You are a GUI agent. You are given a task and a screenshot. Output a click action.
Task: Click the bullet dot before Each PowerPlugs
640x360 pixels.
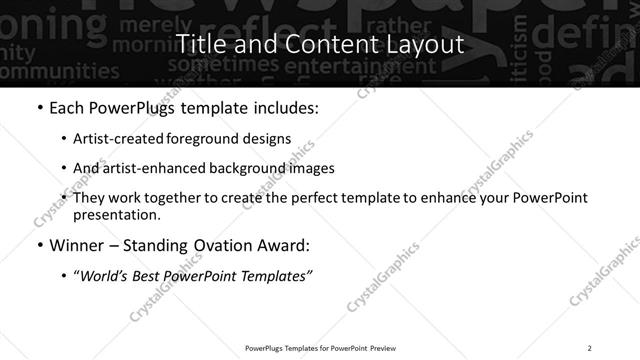tap(38, 108)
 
